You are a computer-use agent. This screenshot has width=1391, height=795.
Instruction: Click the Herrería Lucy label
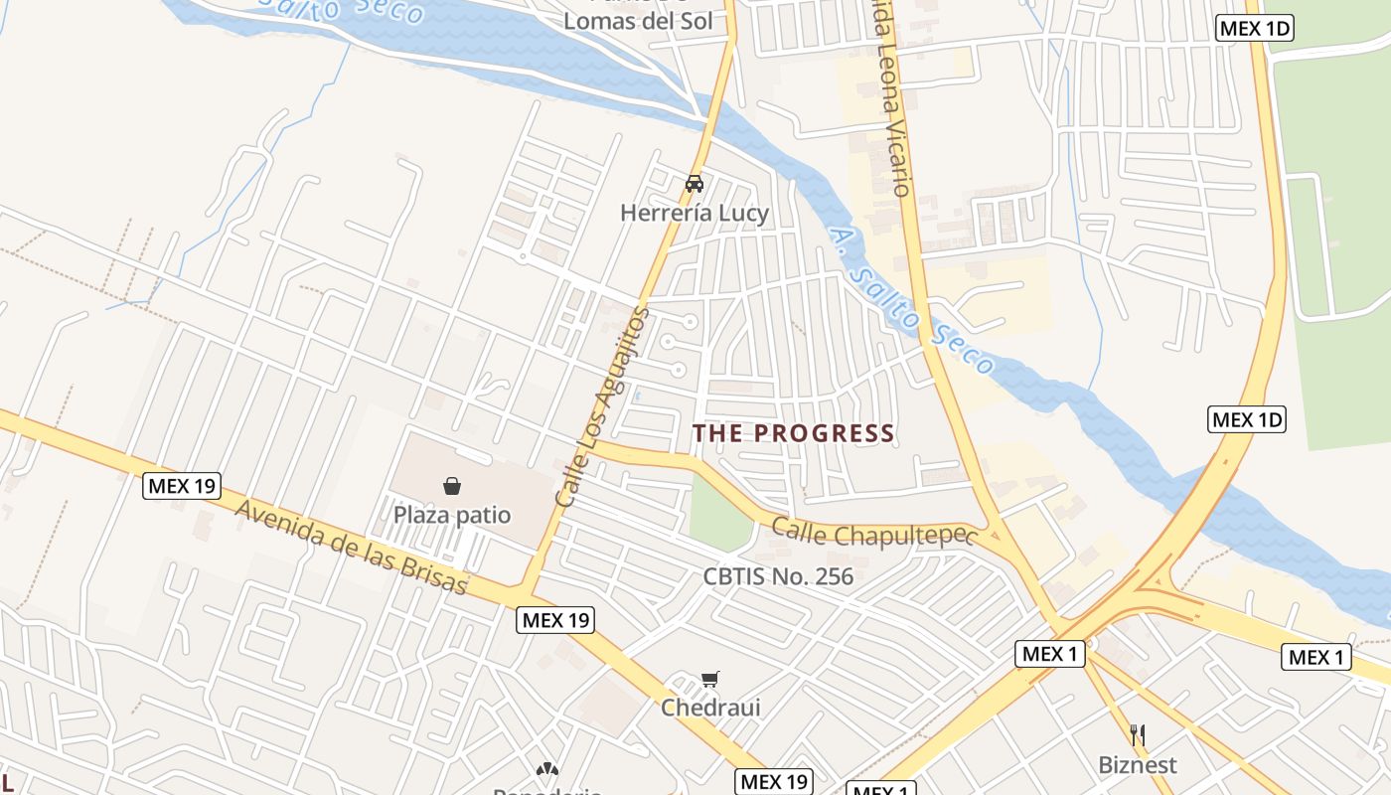pos(695,213)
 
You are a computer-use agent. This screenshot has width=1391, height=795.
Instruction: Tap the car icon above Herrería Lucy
pos(695,184)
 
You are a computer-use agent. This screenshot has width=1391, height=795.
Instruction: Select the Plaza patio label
pos(452,515)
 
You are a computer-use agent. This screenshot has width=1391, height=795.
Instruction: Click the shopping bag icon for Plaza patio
pos(452,485)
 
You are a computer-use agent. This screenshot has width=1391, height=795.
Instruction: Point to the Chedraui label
pos(710,708)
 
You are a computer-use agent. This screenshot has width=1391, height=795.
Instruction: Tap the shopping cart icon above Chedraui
pos(709,680)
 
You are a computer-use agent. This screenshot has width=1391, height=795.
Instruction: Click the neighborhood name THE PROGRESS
pos(793,433)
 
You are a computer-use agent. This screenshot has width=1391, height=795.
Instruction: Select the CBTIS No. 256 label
pos(778,576)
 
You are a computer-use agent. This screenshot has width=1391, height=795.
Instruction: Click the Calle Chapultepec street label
pos(869,535)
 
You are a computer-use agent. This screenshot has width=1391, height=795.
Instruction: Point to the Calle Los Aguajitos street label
pos(602,407)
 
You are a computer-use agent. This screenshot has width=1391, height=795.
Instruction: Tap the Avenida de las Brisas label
pos(352,546)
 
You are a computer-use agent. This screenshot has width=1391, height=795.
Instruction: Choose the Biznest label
pos(1138,765)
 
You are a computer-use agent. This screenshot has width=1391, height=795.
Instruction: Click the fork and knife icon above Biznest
pos(1138,736)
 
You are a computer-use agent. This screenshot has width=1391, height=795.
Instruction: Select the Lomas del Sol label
pos(638,21)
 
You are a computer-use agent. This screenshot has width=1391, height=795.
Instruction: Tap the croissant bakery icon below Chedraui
pos(546,769)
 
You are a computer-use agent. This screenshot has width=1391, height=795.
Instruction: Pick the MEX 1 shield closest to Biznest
pos(1050,653)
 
